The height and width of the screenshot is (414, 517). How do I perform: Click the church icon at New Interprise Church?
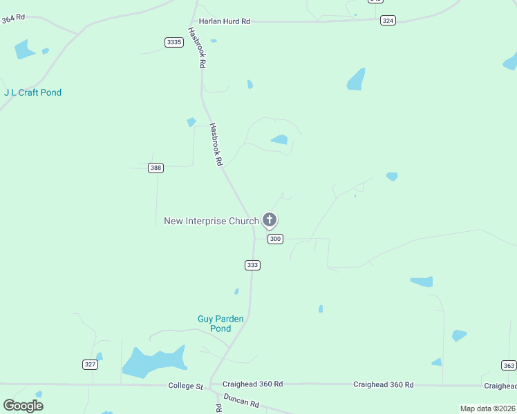pyautogui.click(x=270, y=220)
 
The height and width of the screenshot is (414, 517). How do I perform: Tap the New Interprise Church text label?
pyautogui.click(x=211, y=221)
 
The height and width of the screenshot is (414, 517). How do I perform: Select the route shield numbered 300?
pyautogui.click(x=275, y=239)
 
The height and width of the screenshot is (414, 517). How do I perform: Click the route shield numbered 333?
pyautogui.click(x=252, y=265)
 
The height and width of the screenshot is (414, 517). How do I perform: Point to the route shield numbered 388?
pyautogui.click(x=156, y=168)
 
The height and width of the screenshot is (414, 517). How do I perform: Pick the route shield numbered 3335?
pyautogui.click(x=174, y=42)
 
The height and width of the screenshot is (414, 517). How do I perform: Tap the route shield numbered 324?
pyautogui.click(x=388, y=21)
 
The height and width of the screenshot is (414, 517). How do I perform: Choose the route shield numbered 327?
pyautogui.click(x=90, y=364)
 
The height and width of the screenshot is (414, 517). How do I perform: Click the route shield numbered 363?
pyautogui.click(x=509, y=365)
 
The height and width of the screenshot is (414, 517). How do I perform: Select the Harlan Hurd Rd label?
pyautogui.click(x=224, y=21)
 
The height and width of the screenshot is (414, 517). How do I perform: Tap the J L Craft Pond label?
pyautogui.click(x=32, y=92)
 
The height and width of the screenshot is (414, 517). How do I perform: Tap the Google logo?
pyautogui.click(x=23, y=406)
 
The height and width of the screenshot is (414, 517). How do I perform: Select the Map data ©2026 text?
pyautogui.click(x=487, y=408)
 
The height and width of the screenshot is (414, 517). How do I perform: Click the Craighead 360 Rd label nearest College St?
pyautogui.click(x=252, y=384)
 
